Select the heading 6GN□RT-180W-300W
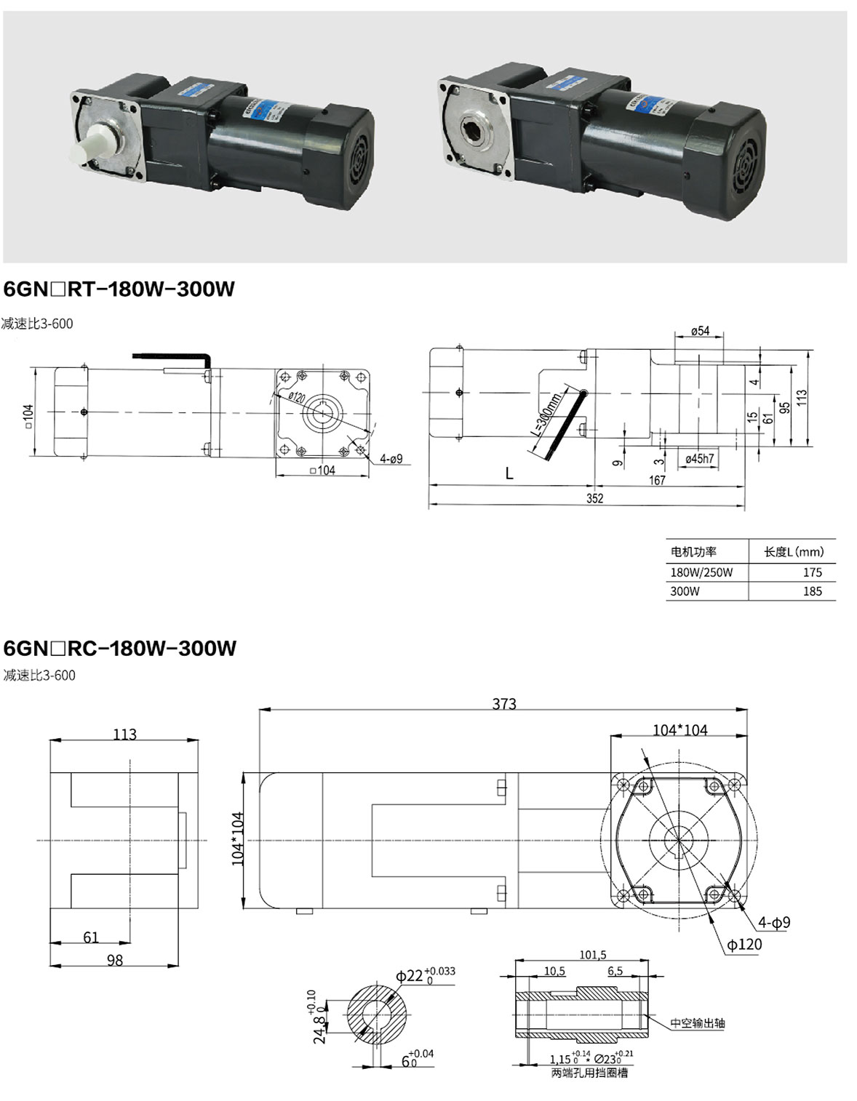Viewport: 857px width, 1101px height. pos(119,289)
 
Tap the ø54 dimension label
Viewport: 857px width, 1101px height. pos(699,331)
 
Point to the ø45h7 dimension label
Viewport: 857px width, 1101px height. pos(699,459)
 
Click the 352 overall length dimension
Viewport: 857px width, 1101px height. pos(594,498)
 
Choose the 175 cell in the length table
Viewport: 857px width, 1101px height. pos(812,572)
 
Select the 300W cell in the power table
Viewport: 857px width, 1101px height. pos(685,591)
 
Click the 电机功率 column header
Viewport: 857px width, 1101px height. pos(693,552)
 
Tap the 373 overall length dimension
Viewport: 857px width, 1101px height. pos(503,703)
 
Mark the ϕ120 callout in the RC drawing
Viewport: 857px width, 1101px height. pos(744,944)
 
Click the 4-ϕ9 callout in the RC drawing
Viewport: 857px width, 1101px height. pos(773,922)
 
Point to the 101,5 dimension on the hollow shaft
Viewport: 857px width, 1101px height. pos(592,955)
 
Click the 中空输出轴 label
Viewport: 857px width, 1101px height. pos(698,1023)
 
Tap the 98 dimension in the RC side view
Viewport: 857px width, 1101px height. pos(115,960)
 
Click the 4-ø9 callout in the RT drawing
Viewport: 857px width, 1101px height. pos(390,459)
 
